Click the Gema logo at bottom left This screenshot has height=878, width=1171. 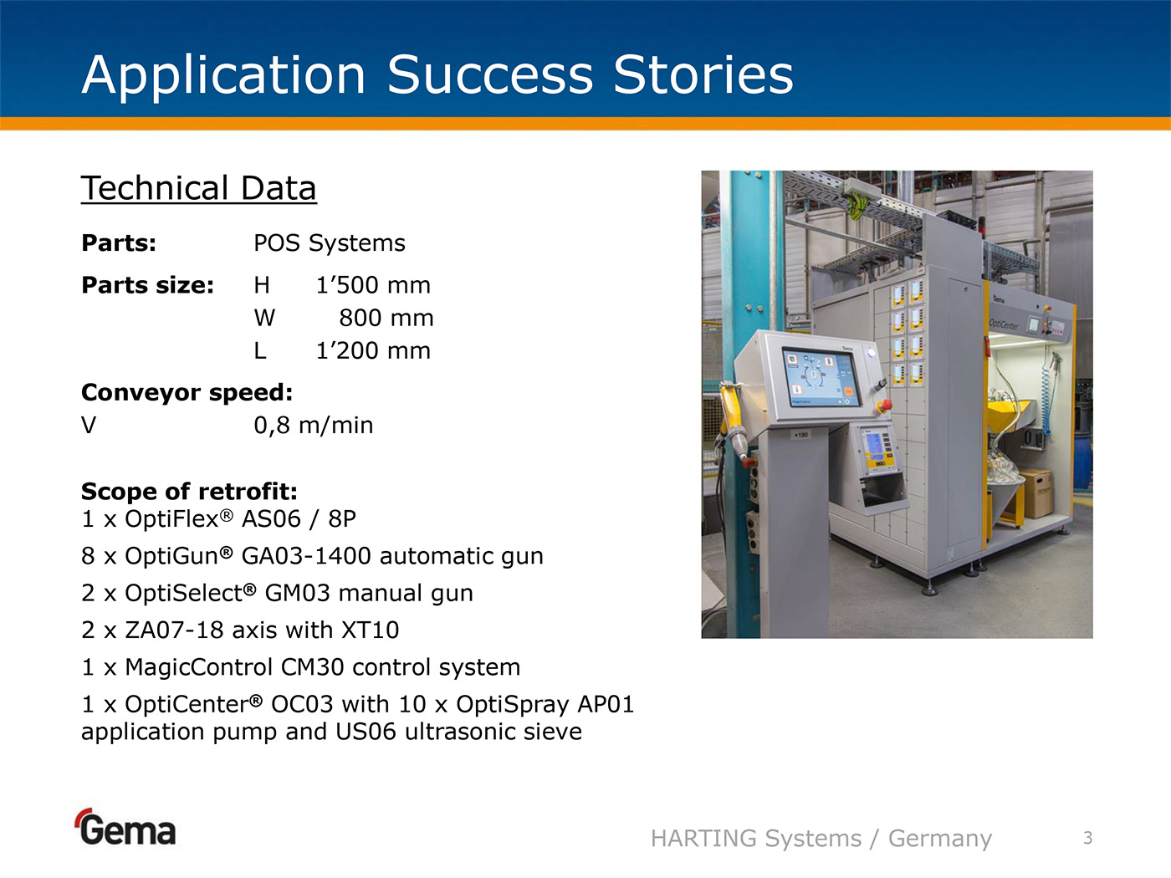[125, 827]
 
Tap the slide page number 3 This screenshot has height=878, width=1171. [1087, 838]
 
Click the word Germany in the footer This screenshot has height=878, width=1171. [940, 839]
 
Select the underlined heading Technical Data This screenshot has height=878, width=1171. [198, 188]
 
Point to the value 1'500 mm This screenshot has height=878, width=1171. [373, 285]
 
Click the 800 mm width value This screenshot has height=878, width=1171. [386, 319]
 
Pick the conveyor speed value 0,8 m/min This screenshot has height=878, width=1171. [313, 426]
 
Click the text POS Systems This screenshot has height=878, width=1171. [330, 243]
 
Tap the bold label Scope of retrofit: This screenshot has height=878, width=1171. [189, 492]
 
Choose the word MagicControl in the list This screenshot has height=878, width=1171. [198, 667]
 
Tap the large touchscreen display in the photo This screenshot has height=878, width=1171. [821, 376]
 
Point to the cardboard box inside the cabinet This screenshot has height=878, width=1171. [1036, 493]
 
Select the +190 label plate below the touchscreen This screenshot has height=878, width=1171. [800, 435]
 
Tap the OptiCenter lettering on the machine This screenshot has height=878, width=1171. [1004, 324]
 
